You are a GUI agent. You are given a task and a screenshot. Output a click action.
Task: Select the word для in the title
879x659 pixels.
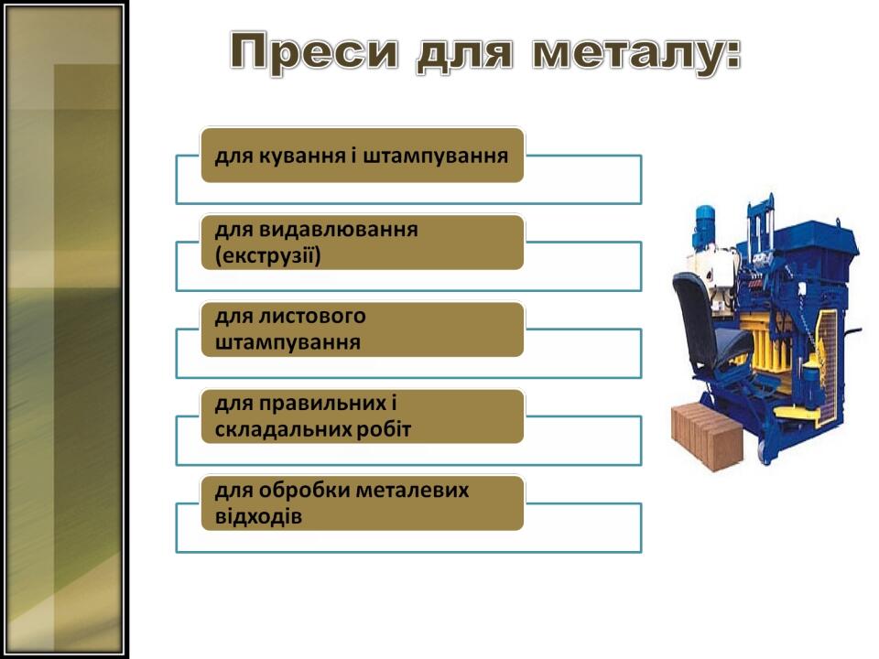point(465,54)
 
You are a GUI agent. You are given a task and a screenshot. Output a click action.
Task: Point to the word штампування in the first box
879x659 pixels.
point(436,156)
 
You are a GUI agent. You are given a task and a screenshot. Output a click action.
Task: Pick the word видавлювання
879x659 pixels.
point(338,230)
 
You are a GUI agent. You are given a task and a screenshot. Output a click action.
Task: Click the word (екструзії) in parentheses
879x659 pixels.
point(268,256)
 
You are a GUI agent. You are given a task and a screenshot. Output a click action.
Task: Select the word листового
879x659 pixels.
point(312,317)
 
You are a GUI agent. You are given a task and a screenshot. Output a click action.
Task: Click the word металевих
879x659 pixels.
point(413,491)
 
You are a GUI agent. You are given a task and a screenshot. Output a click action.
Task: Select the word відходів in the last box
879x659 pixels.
point(258,516)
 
